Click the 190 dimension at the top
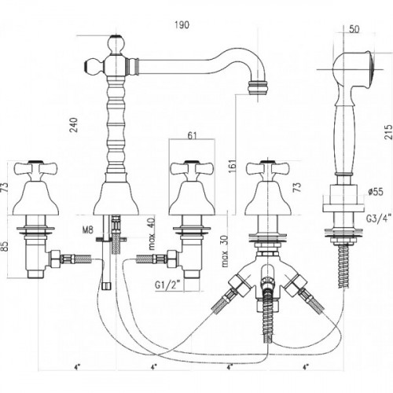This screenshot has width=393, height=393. click(x=182, y=25)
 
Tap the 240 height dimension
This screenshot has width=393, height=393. click(x=74, y=125)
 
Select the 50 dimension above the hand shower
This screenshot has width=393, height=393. click(x=354, y=29)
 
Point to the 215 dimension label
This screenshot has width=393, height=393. click(x=388, y=133)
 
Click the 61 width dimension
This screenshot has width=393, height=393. click(x=192, y=136)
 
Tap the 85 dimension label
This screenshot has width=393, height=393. click(x=6, y=246)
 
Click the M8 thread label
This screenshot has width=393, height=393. click(x=88, y=230)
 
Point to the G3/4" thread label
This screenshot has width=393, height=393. click(x=379, y=219)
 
